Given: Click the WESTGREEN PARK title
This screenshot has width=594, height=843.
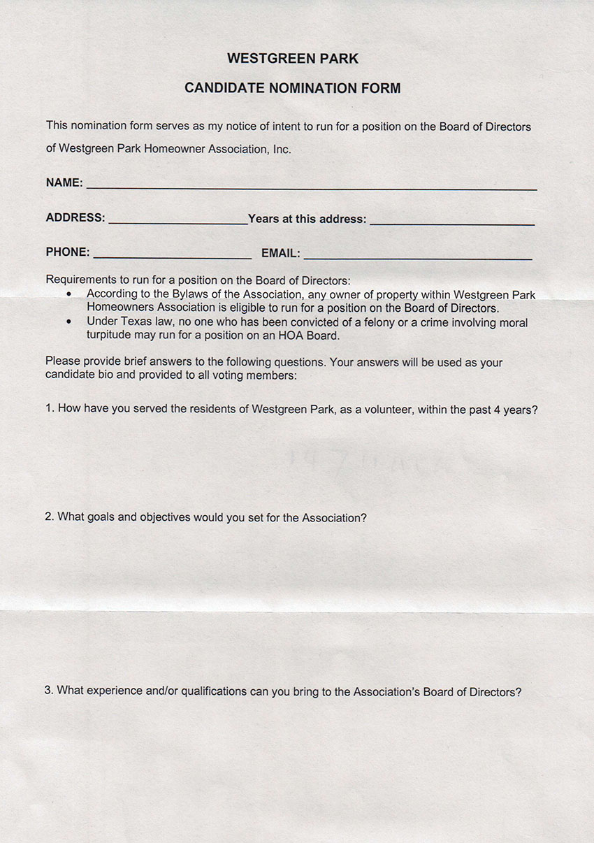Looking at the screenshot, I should tap(293, 59).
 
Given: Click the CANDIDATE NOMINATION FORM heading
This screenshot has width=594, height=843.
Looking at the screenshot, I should tap(293, 88).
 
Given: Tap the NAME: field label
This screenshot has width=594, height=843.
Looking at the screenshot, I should tap(64, 183).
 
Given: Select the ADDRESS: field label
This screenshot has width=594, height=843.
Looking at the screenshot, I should tap(75, 218).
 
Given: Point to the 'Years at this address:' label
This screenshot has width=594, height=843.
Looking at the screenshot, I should tap(307, 219).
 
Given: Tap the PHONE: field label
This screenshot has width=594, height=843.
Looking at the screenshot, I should tap(68, 252).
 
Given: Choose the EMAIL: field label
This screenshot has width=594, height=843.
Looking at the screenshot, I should tap(281, 253).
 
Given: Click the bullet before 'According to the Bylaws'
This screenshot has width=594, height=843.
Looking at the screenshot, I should tap(68, 295).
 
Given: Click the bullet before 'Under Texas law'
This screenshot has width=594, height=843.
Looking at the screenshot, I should tap(68, 322).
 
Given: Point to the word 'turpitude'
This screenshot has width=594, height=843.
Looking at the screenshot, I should tap(110, 335).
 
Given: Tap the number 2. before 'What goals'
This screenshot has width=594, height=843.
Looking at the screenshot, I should tap(50, 517).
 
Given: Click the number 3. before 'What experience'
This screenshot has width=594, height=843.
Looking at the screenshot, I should tap(49, 691).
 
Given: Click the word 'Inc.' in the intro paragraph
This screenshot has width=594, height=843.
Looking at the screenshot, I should tap(281, 149).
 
